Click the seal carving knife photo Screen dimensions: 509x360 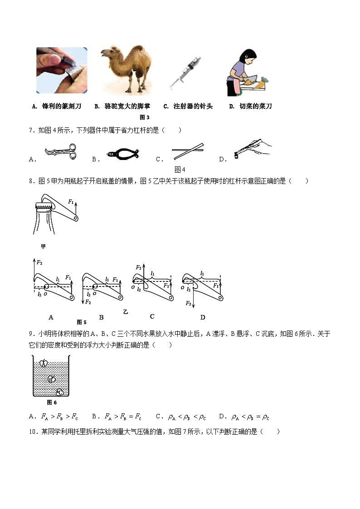(x=62, y=70)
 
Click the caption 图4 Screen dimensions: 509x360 (x=180, y=170)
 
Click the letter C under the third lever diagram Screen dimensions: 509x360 (x=152, y=316)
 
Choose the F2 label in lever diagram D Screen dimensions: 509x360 (x=188, y=303)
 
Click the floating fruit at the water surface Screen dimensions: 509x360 (x=44, y=363)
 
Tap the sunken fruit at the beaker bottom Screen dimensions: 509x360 (x=59, y=392)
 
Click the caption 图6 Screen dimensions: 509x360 (x=52, y=402)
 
